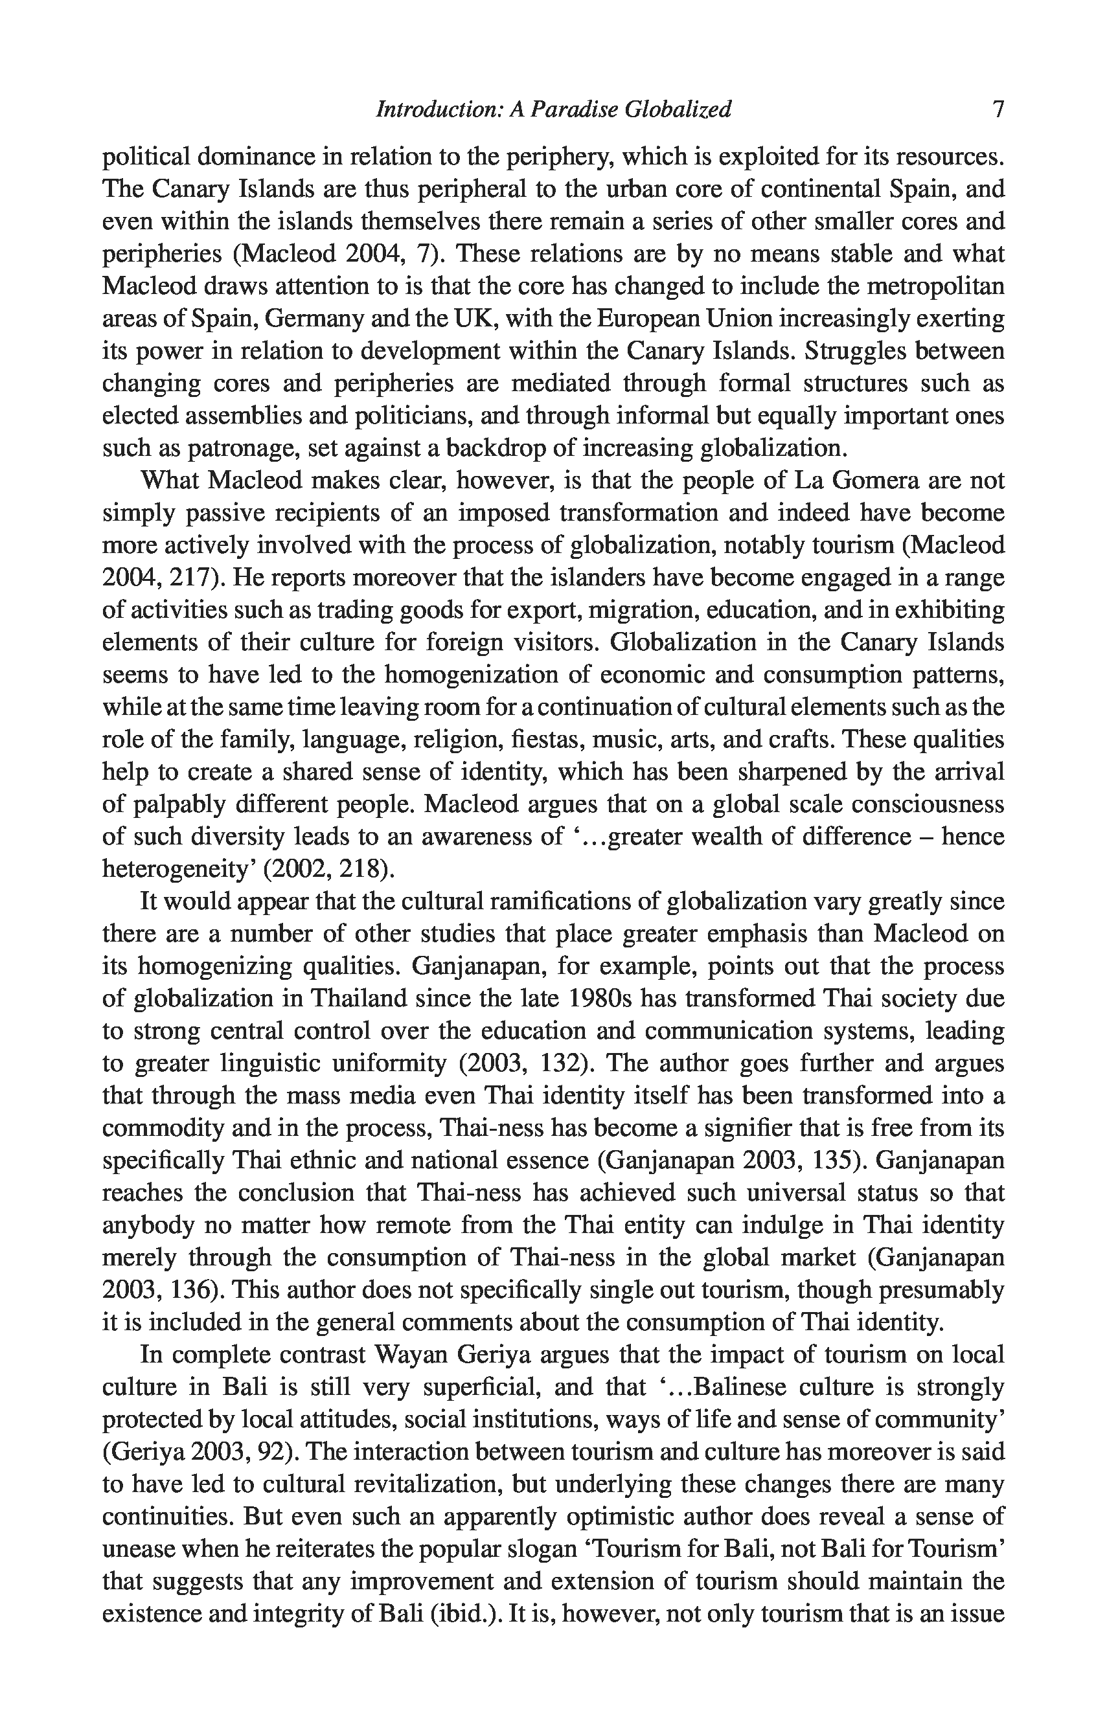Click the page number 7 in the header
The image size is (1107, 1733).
click(x=998, y=109)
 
